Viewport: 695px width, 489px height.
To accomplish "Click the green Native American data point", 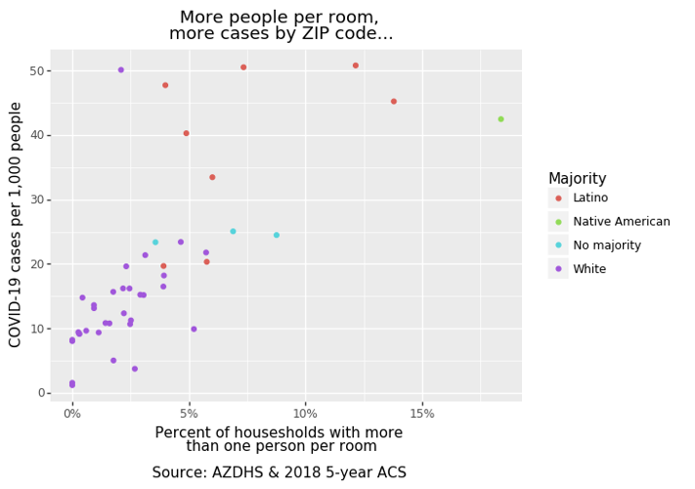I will pos(500,119).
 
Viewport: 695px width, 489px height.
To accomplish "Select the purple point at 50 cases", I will pos(121,70).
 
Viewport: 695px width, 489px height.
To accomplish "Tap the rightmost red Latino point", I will pos(394,102).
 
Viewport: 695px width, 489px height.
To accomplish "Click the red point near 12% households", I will pos(356,66).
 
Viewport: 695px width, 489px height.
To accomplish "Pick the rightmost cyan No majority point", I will pos(277,235).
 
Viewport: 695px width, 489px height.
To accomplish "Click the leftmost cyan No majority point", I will pos(155,243).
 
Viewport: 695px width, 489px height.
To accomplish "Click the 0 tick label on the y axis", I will pos(42,393).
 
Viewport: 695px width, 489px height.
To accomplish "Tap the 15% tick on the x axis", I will pos(422,414).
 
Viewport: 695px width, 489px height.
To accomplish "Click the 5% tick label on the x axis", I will pos(189,414).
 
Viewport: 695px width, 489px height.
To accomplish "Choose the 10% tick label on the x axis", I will pos(305,414).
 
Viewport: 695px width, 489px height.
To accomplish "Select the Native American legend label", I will pos(621,222).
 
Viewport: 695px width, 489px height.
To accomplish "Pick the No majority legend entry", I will pos(606,245).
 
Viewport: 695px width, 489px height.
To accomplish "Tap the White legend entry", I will pos(589,269).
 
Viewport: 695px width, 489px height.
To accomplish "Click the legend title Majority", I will pos(590,179).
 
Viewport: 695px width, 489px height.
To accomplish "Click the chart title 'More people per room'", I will pos(280,18).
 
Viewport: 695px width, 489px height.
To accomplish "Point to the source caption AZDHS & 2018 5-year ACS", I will pos(279,473).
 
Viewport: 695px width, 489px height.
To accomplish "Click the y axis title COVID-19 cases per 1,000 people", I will pos(16,224).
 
